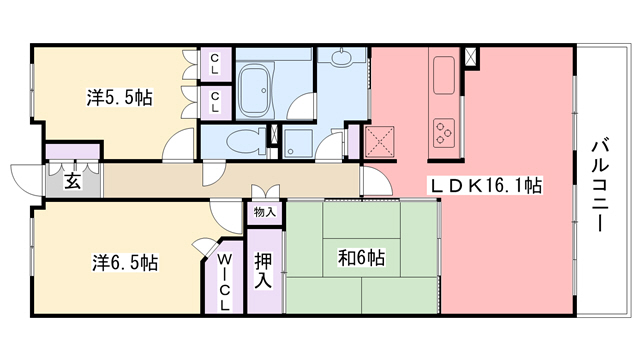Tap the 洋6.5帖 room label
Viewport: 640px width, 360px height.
point(125,263)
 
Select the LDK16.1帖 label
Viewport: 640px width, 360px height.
point(486,185)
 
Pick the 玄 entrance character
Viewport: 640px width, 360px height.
point(73,181)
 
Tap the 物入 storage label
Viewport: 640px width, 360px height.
point(264,212)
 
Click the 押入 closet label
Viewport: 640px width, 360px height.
point(264,269)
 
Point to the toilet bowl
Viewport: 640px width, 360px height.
point(239,140)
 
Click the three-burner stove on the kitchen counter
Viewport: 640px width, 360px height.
point(443,127)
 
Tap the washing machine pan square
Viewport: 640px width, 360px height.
point(298,142)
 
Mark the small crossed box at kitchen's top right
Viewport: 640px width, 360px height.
point(472,57)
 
